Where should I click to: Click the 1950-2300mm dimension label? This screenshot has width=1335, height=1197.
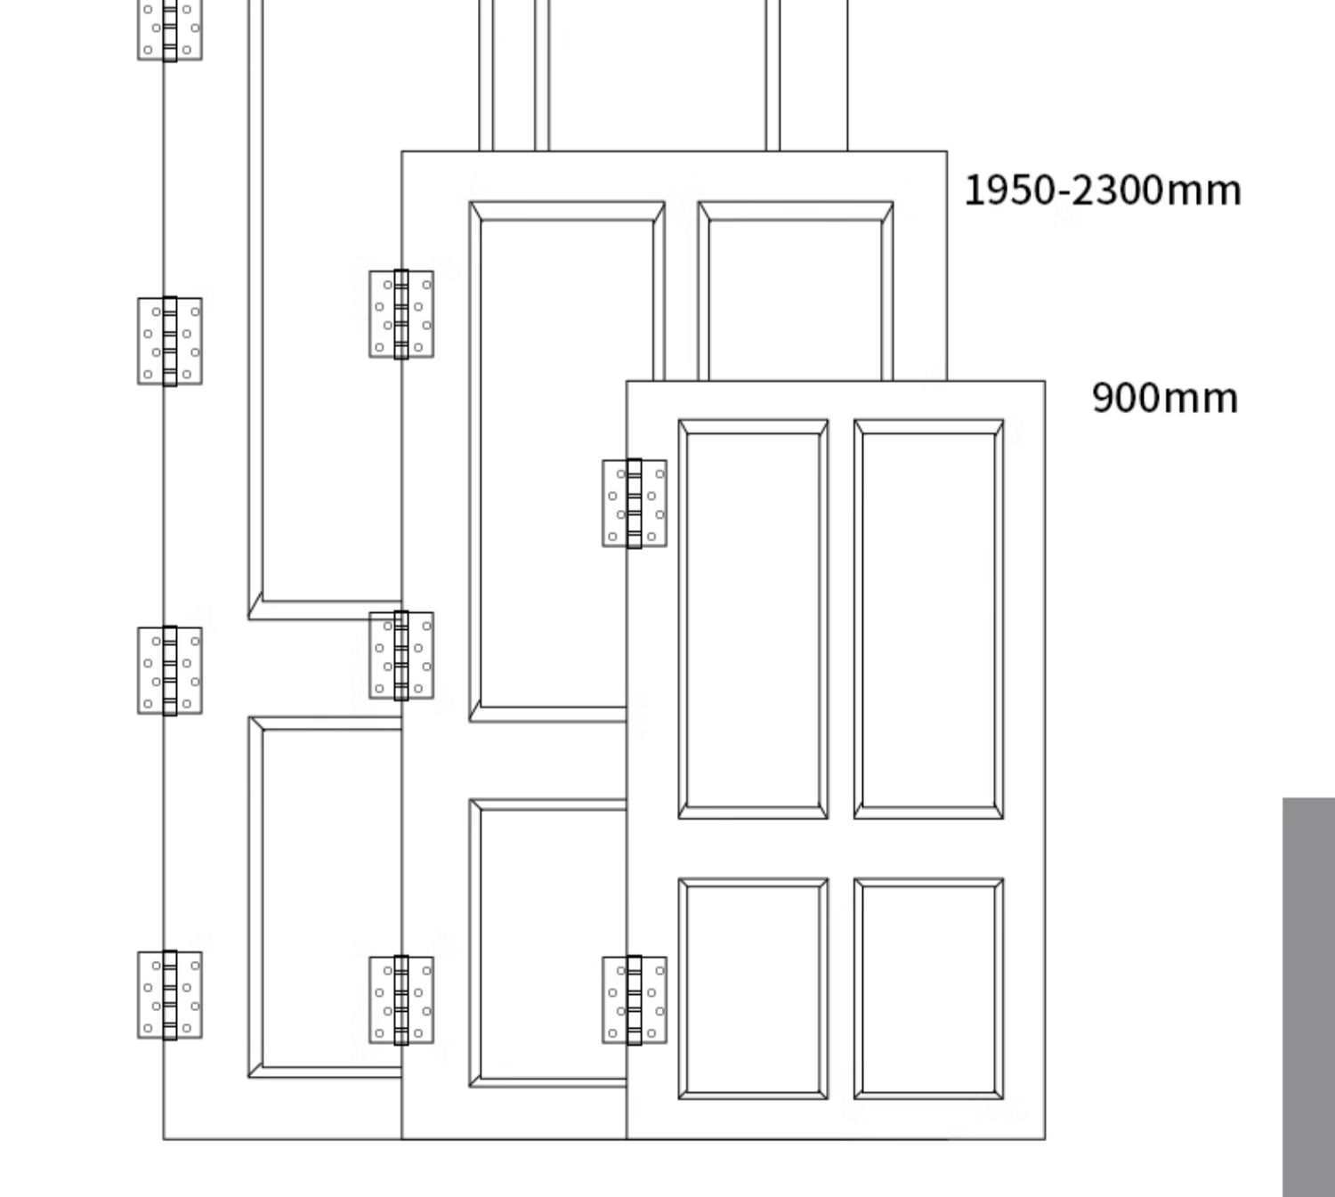coord(1102,191)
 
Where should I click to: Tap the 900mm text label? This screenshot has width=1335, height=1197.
coord(1164,398)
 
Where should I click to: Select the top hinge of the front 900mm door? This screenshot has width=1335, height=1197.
coord(635,504)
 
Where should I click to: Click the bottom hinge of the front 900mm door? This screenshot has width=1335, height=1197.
coord(635,999)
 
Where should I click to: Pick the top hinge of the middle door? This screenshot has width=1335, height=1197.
coord(401,314)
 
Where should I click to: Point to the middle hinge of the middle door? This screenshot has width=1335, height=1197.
coord(401,656)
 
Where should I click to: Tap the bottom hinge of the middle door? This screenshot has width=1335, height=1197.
coord(401,999)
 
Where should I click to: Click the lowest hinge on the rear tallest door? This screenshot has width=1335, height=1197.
coord(170,995)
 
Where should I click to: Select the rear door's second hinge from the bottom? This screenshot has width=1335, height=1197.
coord(170,670)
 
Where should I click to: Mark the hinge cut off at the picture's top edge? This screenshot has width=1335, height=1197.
coord(170,29)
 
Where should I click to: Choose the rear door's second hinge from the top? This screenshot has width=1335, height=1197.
coord(170,341)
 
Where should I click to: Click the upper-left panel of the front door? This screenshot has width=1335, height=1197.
coord(753,619)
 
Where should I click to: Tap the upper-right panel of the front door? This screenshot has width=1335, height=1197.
coord(928,619)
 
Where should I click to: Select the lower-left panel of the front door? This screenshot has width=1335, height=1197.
coord(753,988)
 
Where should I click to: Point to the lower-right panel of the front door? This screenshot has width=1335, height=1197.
coord(928,988)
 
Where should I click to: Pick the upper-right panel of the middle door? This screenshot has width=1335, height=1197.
coord(796,294)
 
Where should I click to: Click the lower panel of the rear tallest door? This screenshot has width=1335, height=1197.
coord(326,897)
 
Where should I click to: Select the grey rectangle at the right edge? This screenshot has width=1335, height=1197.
coord(1308,997)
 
